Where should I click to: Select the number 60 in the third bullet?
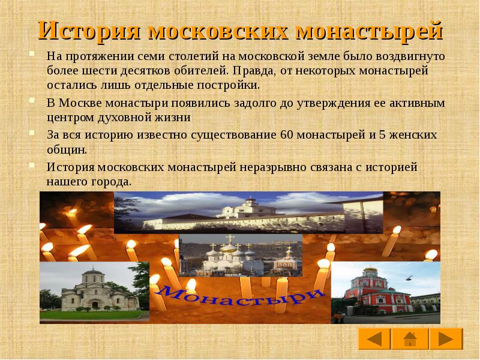tap(286, 134)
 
